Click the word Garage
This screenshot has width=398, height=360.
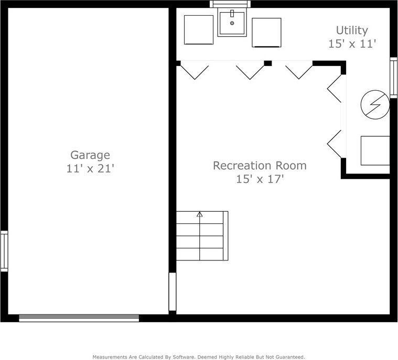90,155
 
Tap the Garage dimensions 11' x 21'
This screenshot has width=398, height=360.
90,169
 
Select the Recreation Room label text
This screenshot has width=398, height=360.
260,166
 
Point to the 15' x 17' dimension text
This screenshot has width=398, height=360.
260,179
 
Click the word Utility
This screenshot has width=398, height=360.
352,30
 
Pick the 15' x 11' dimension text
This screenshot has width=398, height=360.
352,44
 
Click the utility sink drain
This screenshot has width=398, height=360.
232,23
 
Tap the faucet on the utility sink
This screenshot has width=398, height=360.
232,14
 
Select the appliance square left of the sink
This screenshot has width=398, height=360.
199,30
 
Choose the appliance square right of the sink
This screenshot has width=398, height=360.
266,32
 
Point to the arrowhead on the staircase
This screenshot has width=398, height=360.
200,214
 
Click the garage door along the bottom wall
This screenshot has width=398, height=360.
79,318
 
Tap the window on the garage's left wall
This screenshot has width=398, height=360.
4,251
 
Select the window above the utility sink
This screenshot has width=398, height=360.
230,4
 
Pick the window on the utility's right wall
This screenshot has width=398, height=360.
393,78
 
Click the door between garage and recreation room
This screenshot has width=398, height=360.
173,291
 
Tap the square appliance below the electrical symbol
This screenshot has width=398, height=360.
375,151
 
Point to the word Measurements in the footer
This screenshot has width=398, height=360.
110,357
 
